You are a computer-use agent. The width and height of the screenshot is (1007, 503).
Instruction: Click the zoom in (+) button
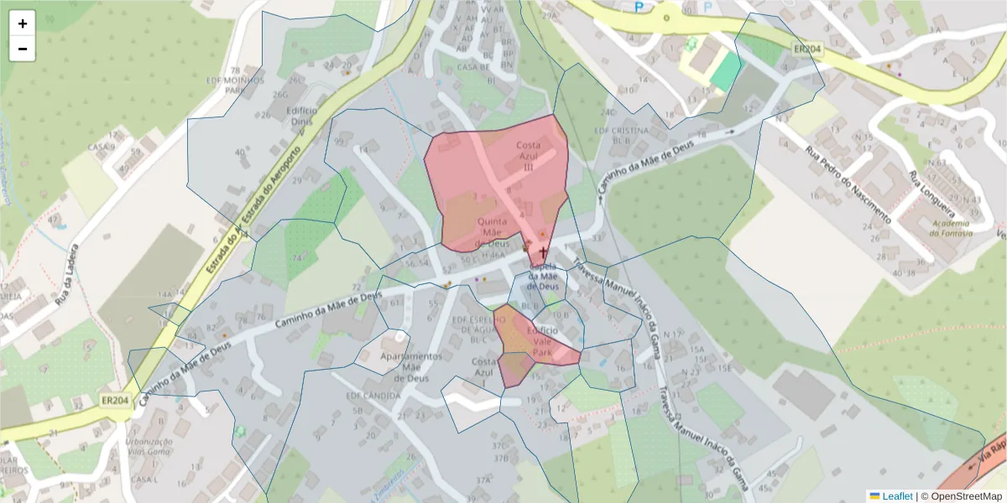tap(23, 23)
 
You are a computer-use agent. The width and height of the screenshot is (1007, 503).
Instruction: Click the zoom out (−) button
tap(23, 49)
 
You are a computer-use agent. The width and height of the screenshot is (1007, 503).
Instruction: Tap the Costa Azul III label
tap(528, 156)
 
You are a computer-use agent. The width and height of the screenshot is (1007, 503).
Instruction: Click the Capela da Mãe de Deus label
tap(543, 277)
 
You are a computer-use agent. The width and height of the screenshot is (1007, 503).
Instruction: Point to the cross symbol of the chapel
tap(543, 252)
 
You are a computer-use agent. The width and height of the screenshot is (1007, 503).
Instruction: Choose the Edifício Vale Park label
tap(541, 341)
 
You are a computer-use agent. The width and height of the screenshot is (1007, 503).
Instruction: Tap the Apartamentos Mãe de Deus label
tap(411, 367)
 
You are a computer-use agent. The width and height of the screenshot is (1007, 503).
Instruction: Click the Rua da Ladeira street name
tap(66, 274)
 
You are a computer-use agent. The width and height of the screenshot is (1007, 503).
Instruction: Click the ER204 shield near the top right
tap(806, 49)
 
